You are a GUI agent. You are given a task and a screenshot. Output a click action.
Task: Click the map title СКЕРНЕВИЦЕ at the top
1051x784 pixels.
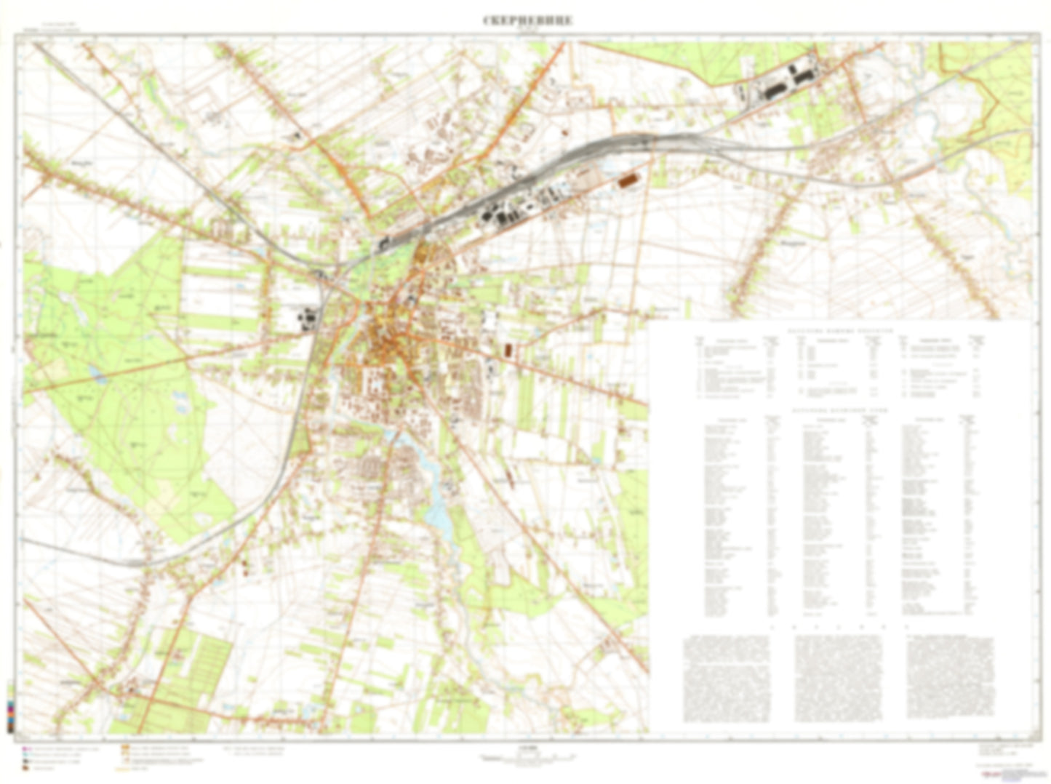pos(528,20)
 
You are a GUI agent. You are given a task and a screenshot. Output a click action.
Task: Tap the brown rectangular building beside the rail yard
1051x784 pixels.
pos(627,181)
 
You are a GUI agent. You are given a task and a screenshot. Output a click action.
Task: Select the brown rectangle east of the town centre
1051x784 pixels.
pos(507,350)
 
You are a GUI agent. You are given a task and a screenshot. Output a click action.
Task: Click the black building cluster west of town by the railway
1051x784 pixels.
pos(306,319)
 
